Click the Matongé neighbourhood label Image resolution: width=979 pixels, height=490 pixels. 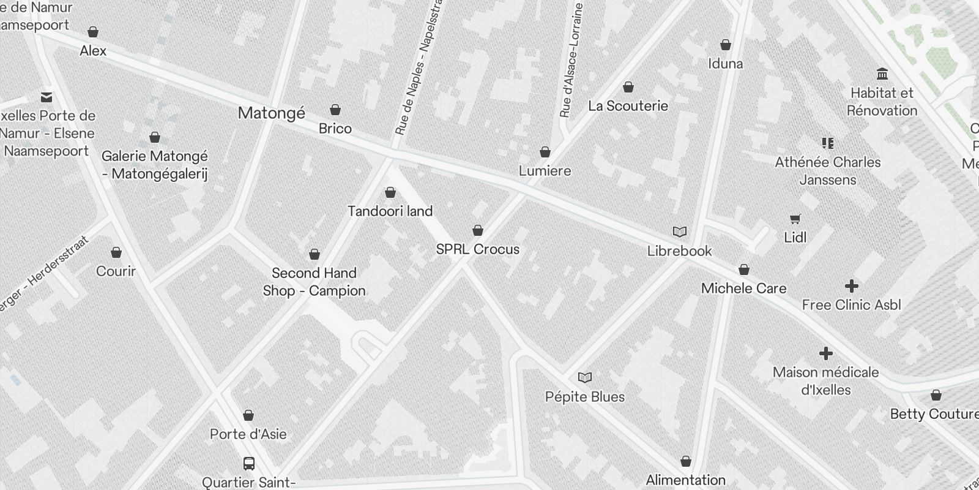(271, 113)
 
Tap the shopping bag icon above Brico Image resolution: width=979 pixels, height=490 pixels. (335, 110)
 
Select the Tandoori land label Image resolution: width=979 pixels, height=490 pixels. (390, 211)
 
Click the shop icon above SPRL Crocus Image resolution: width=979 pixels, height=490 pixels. (478, 230)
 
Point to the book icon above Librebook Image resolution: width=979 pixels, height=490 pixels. (679, 232)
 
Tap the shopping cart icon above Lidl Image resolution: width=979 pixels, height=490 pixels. (795, 219)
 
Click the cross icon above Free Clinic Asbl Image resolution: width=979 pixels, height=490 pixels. (851, 286)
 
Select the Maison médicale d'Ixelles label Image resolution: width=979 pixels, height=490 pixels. (825, 381)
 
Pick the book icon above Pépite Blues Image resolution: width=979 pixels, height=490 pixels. (585, 377)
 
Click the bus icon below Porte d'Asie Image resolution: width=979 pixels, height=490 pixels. (248, 463)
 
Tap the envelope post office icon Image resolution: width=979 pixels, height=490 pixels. (47, 97)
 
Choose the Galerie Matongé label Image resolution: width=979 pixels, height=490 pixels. (155, 165)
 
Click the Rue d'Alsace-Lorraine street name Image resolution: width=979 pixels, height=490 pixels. (571, 60)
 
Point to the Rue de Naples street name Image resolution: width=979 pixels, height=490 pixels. (418, 73)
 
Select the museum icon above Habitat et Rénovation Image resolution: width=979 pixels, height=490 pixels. (882, 74)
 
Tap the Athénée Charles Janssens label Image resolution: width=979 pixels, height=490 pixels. (828, 171)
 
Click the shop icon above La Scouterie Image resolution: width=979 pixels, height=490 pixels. (628, 87)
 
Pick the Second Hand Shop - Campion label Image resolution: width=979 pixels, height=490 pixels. (314, 282)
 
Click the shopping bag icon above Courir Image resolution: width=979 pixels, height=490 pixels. (116, 252)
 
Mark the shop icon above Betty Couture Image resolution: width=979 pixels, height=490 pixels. (936, 395)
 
